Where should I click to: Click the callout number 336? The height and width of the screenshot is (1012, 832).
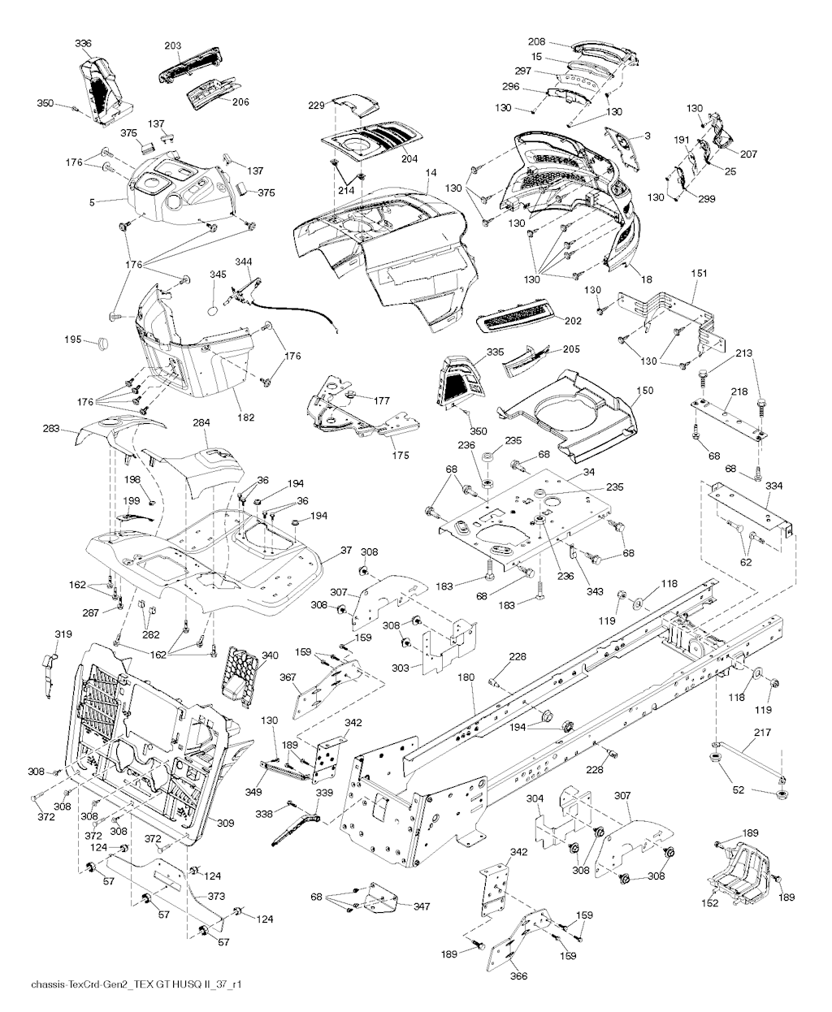83,43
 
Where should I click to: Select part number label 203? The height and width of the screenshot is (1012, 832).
171,46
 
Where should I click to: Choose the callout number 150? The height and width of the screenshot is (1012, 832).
644,391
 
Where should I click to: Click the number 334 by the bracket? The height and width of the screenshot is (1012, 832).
773,487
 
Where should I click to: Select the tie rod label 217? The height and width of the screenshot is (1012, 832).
760,732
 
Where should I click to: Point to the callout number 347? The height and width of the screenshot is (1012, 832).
422,906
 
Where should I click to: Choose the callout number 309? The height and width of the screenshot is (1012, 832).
225,823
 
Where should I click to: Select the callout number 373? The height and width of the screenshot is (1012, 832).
216,896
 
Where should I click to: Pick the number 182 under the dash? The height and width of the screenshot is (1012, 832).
245,417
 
